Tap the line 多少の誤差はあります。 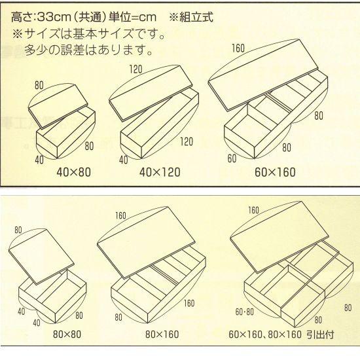click(89, 50)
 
